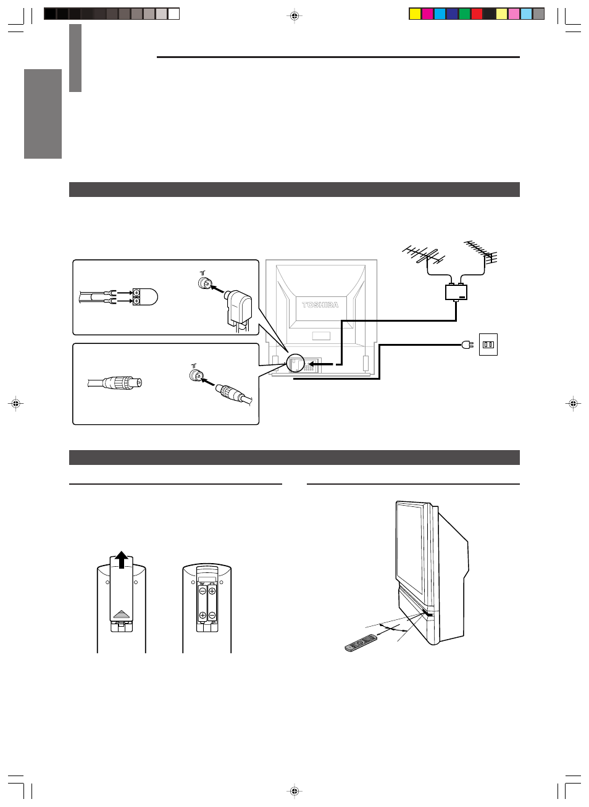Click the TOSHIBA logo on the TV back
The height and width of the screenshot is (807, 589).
(320, 305)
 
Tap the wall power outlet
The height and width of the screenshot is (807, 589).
(488, 345)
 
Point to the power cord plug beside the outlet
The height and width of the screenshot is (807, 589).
(467, 345)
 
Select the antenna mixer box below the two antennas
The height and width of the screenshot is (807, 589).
(456, 292)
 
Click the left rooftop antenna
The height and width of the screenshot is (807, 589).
(424, 255)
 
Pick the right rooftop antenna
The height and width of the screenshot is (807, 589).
(482, 252)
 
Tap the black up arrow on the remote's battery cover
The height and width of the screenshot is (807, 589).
(122, 560)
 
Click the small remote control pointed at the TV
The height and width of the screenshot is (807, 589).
(361, 643)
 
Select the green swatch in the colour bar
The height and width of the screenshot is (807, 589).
(464, 14)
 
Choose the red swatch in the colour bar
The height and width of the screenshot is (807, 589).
(477, 14)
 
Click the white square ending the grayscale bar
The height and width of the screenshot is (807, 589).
(173, 14)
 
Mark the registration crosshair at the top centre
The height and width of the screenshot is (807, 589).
(294, 16)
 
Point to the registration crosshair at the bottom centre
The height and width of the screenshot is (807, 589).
(294, 791)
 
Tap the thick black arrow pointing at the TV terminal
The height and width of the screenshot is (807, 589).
(320, 364)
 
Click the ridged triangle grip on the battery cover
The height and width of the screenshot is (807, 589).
(122, 614)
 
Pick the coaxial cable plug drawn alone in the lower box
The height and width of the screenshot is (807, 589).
(115, 383)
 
